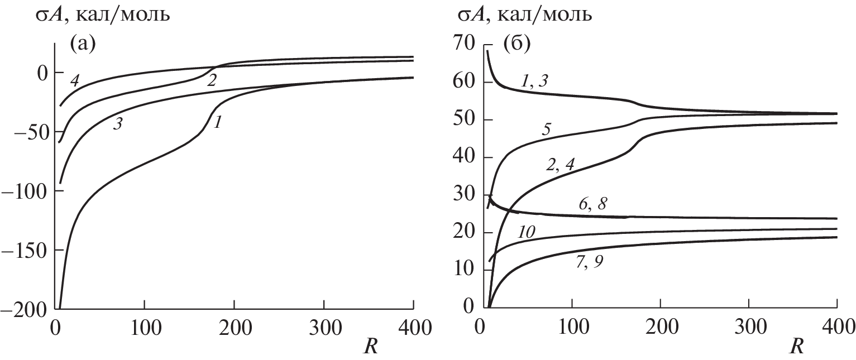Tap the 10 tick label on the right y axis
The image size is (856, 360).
coord(463,270)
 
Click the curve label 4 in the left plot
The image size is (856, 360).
coord(74,82)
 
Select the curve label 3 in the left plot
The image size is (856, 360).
coord(118,124)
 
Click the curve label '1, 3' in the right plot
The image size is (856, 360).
coord(534,81)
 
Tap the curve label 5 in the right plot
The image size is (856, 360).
coord(547,129)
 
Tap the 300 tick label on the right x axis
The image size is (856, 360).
coord(749,324)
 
